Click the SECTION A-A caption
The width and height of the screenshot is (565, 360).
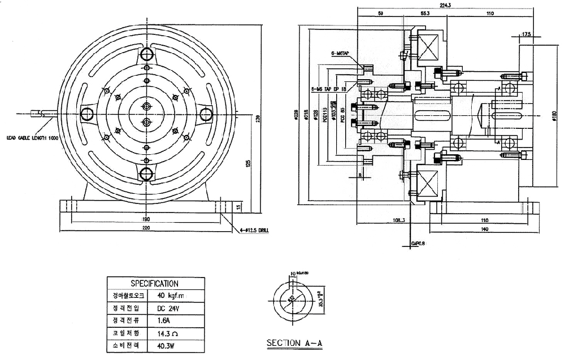pos(294,342)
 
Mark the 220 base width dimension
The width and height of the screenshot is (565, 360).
pos(147,227)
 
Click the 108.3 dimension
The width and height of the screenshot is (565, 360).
pos(399,219)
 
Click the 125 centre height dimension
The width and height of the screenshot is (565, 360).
pos(247,163)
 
